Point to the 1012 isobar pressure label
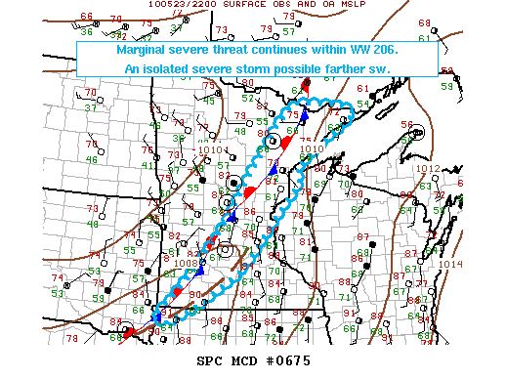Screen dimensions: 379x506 428,168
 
